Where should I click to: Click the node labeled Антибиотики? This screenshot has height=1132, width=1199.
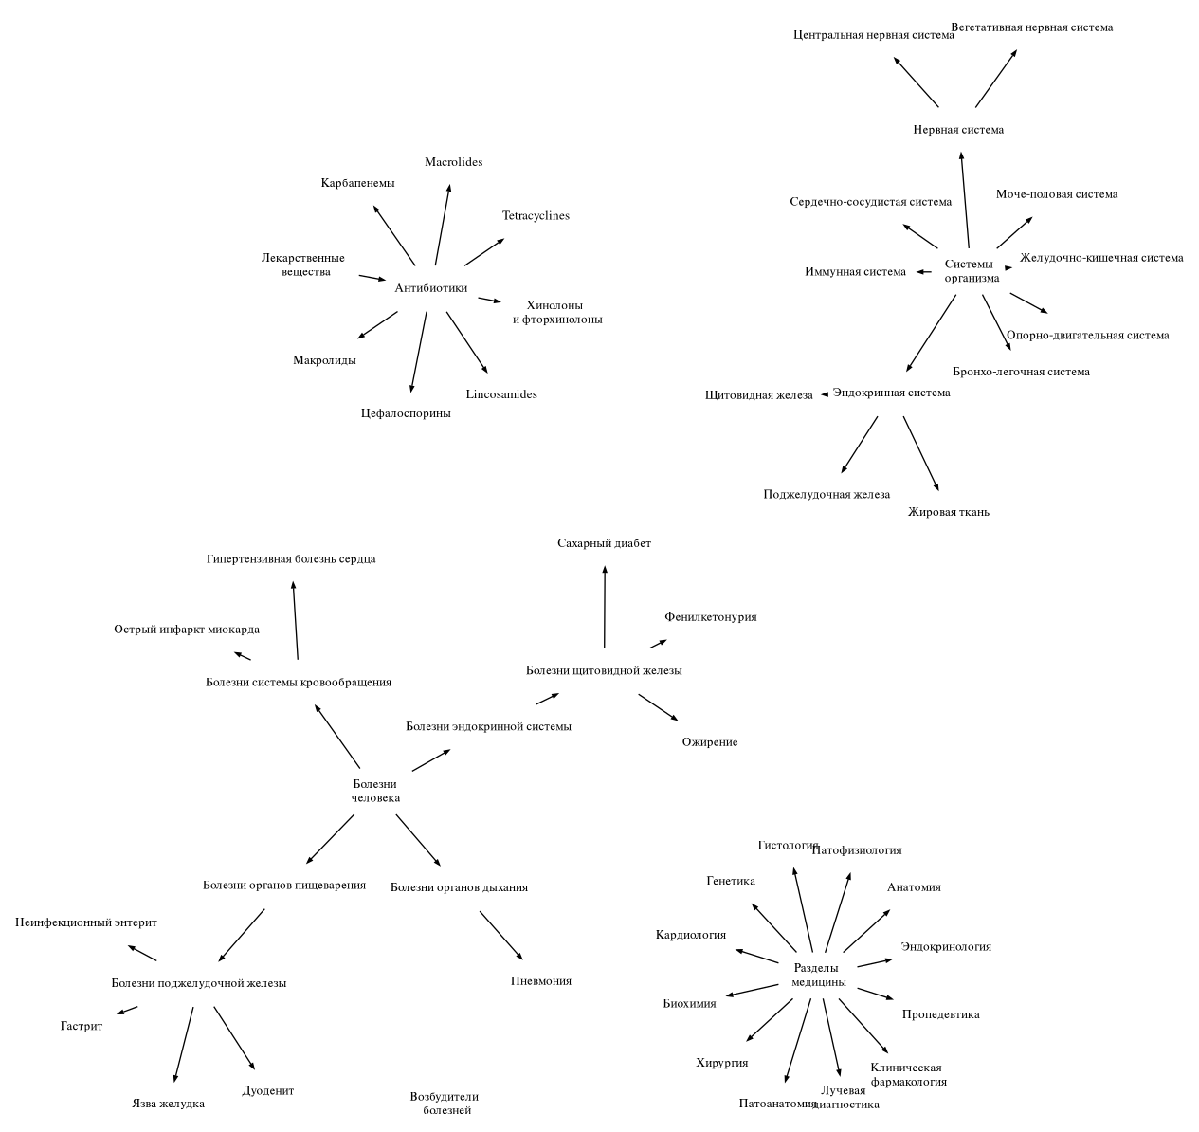click(430, 288)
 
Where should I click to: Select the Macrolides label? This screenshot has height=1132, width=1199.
click(453, 162)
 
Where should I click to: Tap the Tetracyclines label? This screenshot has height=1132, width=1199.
click(536, 215)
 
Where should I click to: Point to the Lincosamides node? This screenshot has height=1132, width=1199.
click(501, 394)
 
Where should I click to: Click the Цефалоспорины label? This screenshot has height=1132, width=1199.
click(406, 413)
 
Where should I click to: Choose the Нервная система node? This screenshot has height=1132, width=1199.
click(958, 130)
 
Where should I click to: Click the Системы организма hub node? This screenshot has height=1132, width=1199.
click(972, 271)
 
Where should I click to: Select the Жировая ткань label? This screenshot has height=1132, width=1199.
click(949, 512)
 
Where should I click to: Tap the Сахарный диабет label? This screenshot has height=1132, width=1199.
click(604, 543)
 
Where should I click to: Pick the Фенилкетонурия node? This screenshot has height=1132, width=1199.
click(711, 617)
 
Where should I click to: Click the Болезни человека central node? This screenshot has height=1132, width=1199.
click(375, 791)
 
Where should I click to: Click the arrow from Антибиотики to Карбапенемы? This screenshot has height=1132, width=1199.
click(394, 235)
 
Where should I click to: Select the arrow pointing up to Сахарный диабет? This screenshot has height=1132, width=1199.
click(605, 607)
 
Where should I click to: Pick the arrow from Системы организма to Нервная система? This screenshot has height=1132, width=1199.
click(965, 200)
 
